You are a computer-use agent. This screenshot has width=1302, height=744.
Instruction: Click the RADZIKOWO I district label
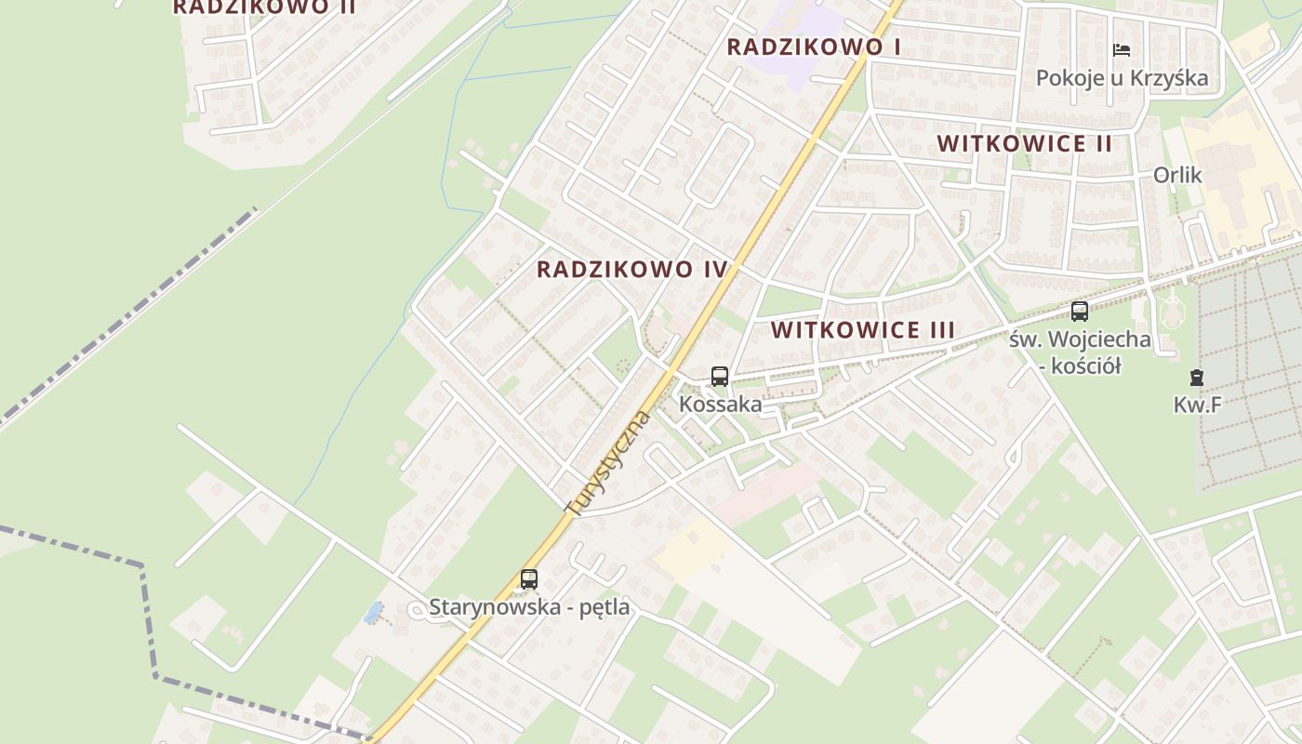(x=814, y=46)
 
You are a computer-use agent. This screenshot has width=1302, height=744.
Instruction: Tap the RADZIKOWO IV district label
(x=632, y=270)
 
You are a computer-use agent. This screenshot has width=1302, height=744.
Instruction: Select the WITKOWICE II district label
(x=1025, y=144)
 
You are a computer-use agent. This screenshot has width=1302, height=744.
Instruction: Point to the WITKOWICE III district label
(x=863, y=330)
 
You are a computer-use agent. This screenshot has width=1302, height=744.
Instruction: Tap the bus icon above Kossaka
(x=720, y=377)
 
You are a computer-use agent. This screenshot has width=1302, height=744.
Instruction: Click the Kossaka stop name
(x=720, y=405)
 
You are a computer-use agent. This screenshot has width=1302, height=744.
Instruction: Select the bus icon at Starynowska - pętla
(x=529, y=579)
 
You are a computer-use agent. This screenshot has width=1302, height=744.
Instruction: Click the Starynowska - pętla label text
(x=529, y=607)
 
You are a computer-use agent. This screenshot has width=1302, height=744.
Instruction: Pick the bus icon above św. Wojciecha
(x=1080, y=312)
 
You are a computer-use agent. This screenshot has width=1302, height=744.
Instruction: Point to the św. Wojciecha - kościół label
(x=1080, y=352)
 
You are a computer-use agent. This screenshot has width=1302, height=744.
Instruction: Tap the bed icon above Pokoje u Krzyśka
(x=1122, y=50)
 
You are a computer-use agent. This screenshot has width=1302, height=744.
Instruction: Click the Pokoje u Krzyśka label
(x=1122, y=78)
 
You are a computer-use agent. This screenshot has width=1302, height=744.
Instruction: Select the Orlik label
(x=1177, y=175)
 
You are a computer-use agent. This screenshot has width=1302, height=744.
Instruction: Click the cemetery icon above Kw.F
(x=1196, y=378)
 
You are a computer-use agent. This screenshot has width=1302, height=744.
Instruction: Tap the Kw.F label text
(x=1196, y=405)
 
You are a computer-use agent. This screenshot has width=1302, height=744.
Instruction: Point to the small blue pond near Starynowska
(x=373, y=612)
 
